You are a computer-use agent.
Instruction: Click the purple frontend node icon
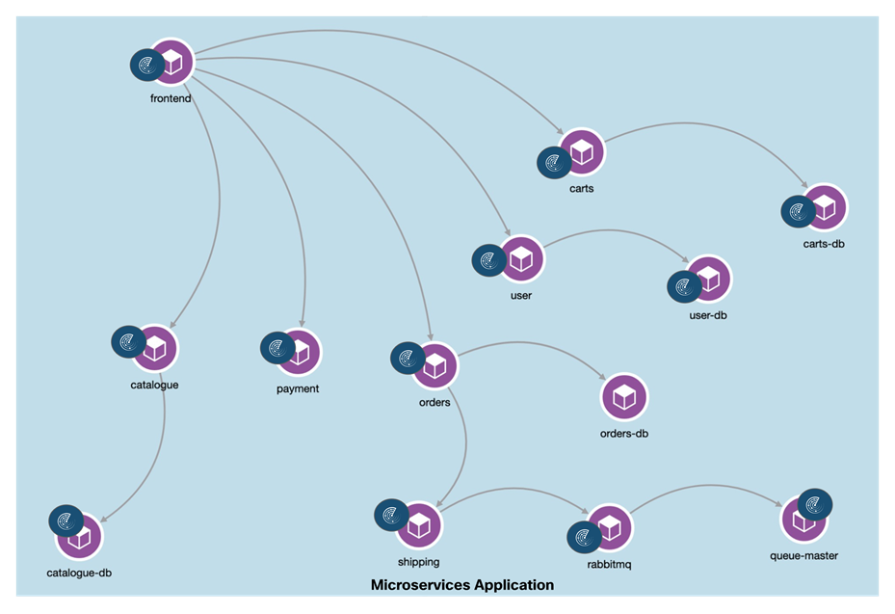click(x=172, y=62)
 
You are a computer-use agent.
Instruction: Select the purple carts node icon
click(x=582, y=151)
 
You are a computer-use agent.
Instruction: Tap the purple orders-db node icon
click(x=624, y=396)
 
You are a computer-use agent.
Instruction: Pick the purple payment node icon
click(x=299, y=353)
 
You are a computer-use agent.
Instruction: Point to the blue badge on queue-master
click(x=815, y=504)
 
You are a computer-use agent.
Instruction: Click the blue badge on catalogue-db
click(x=66, y=521)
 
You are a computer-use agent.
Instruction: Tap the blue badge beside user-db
click(x=685, y=286)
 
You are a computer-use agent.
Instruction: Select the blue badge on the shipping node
click(x=391, y=515)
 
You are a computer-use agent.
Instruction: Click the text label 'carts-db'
click(x=824, y=244)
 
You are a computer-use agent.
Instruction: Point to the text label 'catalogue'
click(x=154, y=386)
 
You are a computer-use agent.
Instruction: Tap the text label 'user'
click(x=521, y=295)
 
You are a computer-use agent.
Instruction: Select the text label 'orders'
click(x=434, y=403)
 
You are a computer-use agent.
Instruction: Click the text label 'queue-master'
click(x=803, y=555)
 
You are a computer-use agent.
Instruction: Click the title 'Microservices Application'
click(x=462, y=585)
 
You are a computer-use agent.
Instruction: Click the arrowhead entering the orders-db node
click(x=601, y=379)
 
